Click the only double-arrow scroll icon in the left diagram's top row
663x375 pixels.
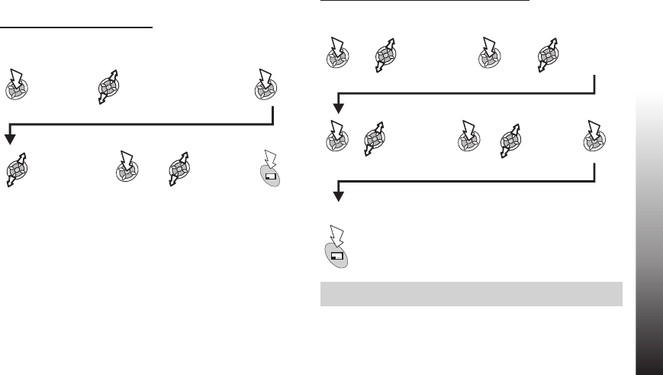click(111, 85)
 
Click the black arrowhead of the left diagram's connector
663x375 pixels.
click(10, 137)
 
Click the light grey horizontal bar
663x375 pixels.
click(472, 294)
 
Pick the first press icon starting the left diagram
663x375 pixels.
click(17, 84)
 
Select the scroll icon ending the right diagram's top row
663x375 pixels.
click(547, 54)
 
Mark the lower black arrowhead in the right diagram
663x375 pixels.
click(338, 197)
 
